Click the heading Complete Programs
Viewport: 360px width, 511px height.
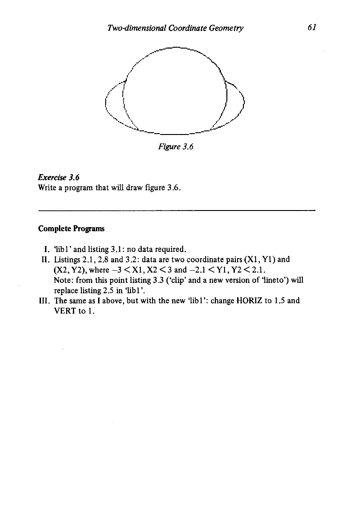72,229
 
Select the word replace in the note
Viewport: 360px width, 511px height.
66,291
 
